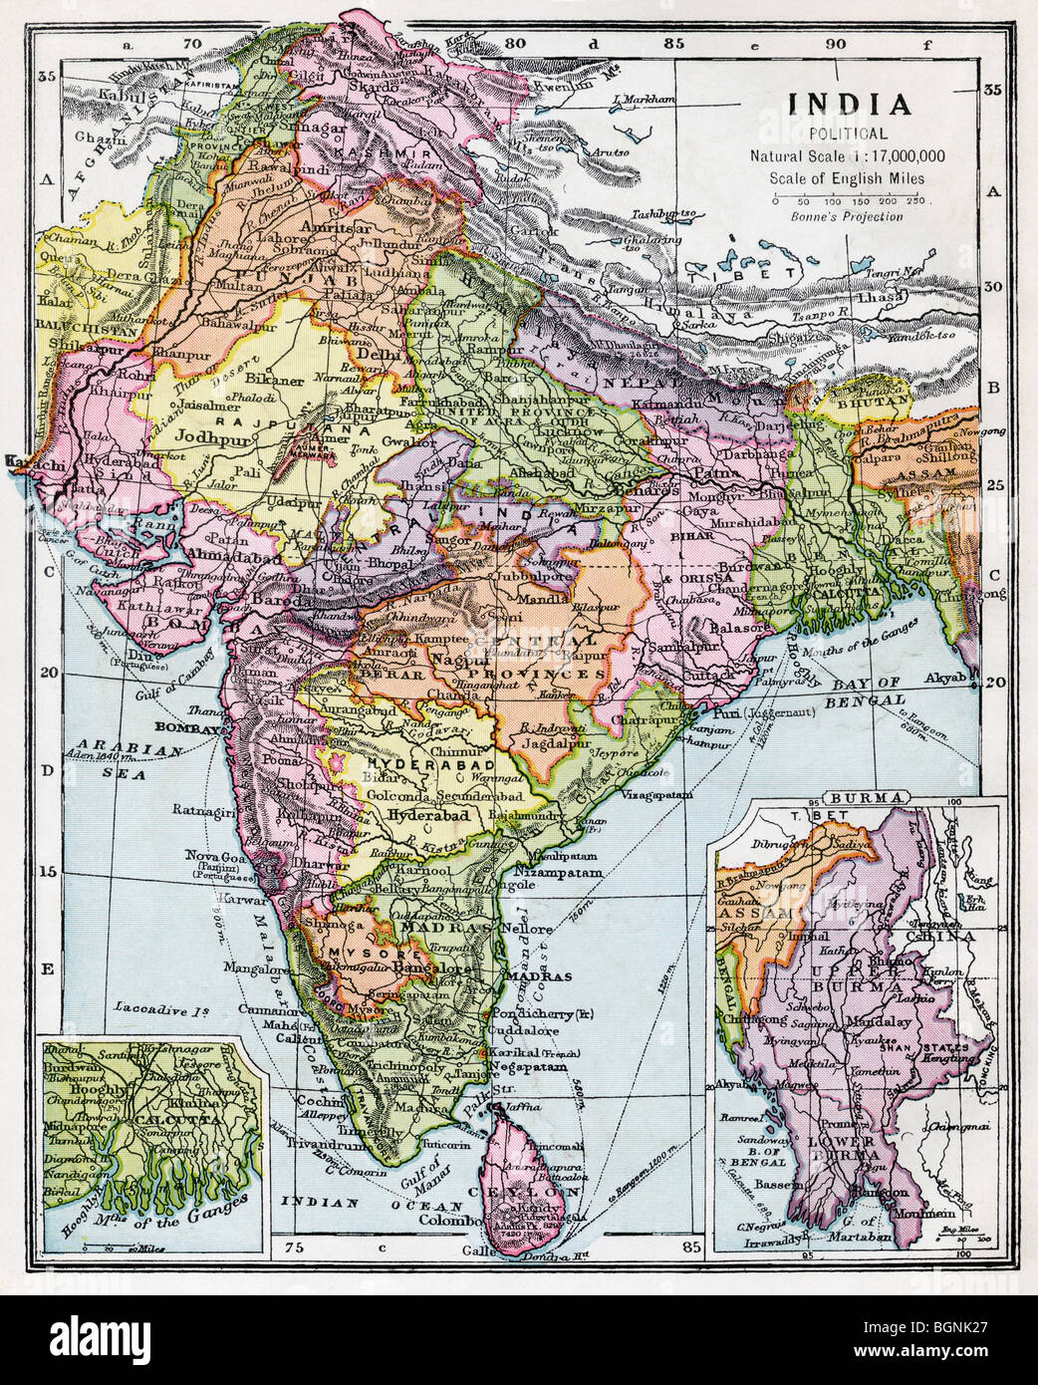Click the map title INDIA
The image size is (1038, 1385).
click(x=849, y=105)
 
